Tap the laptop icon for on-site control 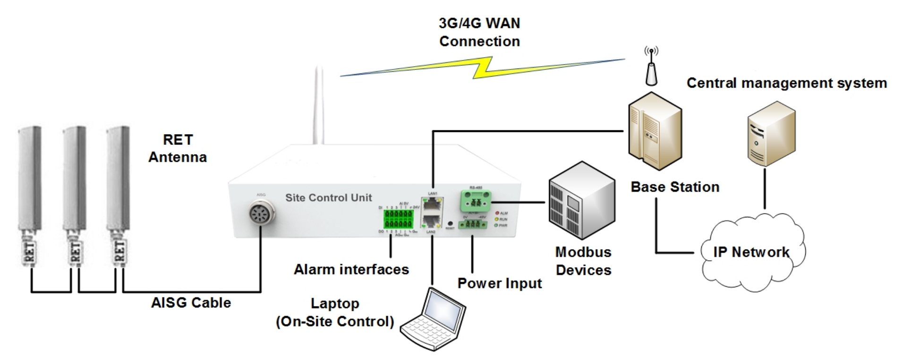pyautogui.click(x=433, y=319)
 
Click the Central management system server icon pyautogui.click(x=771, y=133)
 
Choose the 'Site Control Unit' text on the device pyautogui.click(x=329, y=197)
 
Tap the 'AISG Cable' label pyautogui.click(x=191, y=303)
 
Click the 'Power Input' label pyautogui.click(x=500, y=283)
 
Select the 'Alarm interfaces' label pyautogui.click(x=351, y=269)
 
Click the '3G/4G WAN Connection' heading pyautogui.click(x=479, y=32)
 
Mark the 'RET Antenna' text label pyautogui.click(x=178, y=148)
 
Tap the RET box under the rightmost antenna pyautogui.click(x=119, y=250)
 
